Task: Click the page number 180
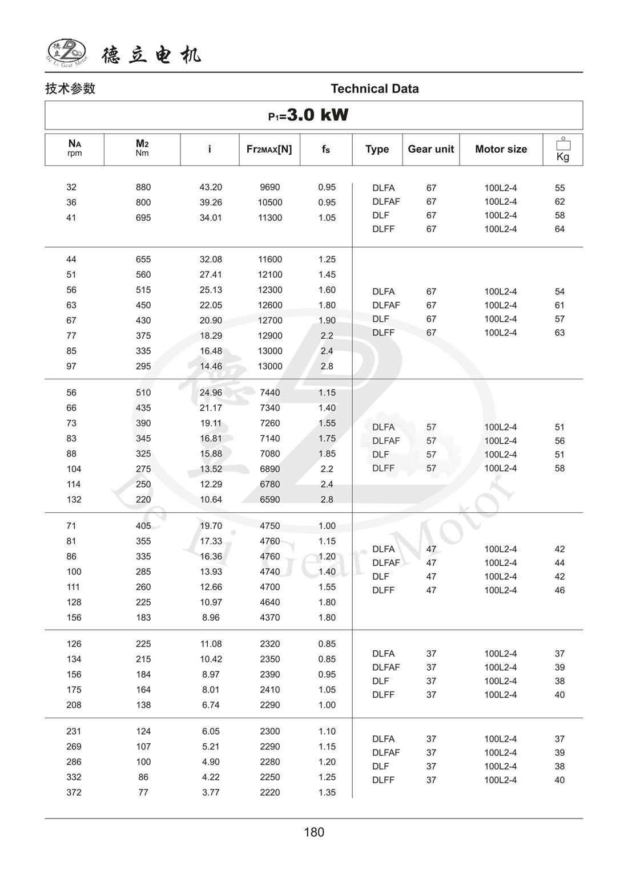[x=314, y=832]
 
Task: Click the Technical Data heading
[x=375, y=88]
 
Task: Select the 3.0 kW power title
[x=309, y=115]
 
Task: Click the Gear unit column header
[x=430, y=149]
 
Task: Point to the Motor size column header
[x=501, y=149]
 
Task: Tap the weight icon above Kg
[x=563, y=144]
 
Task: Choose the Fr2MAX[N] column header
[x=269, y=149]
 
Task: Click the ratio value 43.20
[x=211, y=187]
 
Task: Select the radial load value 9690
[x=270, y=187]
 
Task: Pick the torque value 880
[x=143, y=187]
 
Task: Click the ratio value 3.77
[x=211, y=792]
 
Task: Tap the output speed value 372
[x=74, y=792]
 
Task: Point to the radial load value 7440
[x=270, y=392]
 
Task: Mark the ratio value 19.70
[x=211, y=526]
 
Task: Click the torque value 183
[x=143, y=617]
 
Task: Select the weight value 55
[x=559, y=188]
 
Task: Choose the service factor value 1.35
[x=327, y=792]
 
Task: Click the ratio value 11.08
[x=211, y=644]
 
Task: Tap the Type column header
[x=377, y=149]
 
